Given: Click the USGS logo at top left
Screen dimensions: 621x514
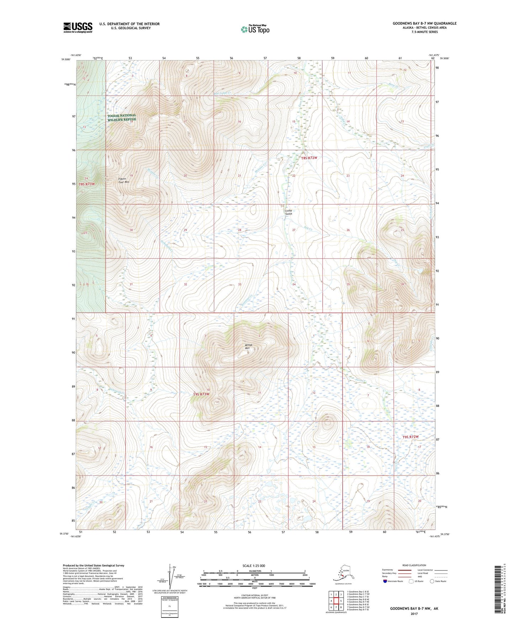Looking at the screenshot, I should point(78,27).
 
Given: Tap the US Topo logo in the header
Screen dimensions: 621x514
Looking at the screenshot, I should point(255,29).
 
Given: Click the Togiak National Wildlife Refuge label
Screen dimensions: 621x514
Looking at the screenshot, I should point(122,117).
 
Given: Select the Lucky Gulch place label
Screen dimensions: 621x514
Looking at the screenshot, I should point(288,212).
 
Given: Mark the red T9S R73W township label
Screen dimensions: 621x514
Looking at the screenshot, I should point(201,394).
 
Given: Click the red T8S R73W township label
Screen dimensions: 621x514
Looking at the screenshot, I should point(87,184).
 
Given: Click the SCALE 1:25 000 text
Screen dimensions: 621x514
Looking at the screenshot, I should point(254,566).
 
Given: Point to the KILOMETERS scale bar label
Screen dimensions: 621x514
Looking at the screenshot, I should point(254,571).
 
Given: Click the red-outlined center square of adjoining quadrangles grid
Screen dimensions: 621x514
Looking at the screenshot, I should point(336,601).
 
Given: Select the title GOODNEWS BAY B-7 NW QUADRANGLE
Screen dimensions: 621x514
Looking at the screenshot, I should point(424,23).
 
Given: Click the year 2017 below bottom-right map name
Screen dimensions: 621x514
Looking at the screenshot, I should point(414,614).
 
